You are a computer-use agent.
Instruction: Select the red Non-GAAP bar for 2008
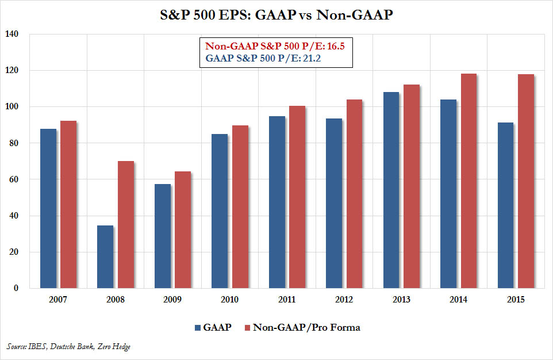[125, 224]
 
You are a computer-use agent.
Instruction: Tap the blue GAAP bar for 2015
[505, 205]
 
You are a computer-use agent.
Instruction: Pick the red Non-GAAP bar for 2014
[468, 181]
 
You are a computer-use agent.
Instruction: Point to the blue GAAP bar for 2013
[391, 190]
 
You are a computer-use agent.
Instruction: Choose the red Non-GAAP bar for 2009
[183, 229]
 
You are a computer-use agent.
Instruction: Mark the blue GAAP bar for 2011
[276, 202]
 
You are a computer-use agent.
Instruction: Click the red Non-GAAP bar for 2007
[68, 204]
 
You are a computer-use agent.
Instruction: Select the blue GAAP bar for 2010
[220, 210]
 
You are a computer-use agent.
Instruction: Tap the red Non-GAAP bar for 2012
[354, 193]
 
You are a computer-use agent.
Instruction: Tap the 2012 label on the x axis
[344, 299]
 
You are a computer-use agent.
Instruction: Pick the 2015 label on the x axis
[516, 299]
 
